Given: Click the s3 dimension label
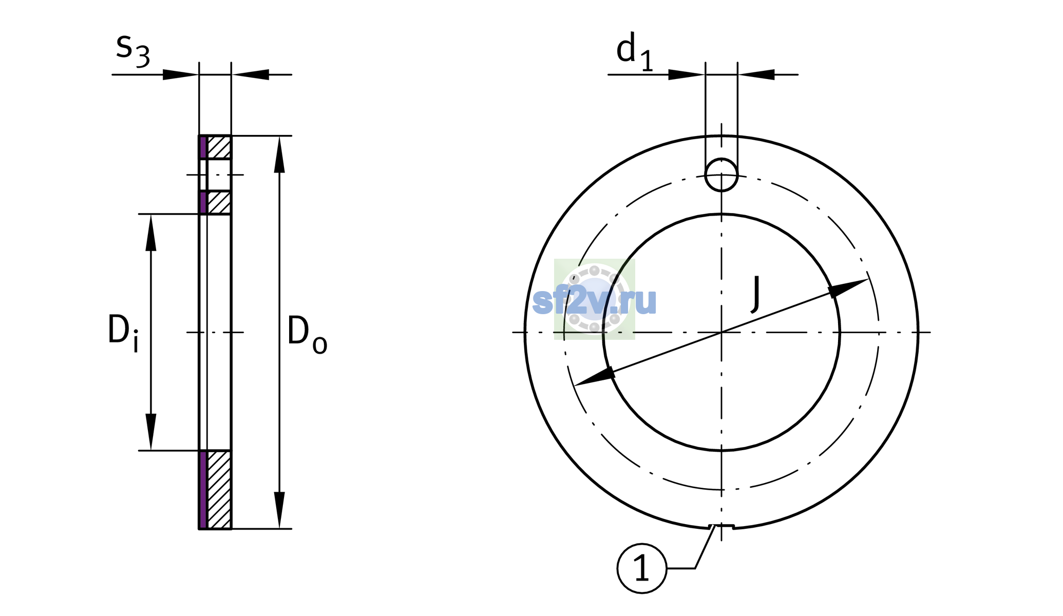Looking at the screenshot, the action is pyautogui.click(x=132, y=50).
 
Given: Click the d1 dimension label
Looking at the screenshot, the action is pyautogui.click(x=635, y=51).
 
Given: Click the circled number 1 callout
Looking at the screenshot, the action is pyautogui.click(x=642, y=568).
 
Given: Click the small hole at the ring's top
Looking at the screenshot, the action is pyautogui.click(x=722, y=175).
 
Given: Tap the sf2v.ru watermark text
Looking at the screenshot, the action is pyautogui.click(x=595, y=300).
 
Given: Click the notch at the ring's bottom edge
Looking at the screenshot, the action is pyautogui.click(x=722, y=526).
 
